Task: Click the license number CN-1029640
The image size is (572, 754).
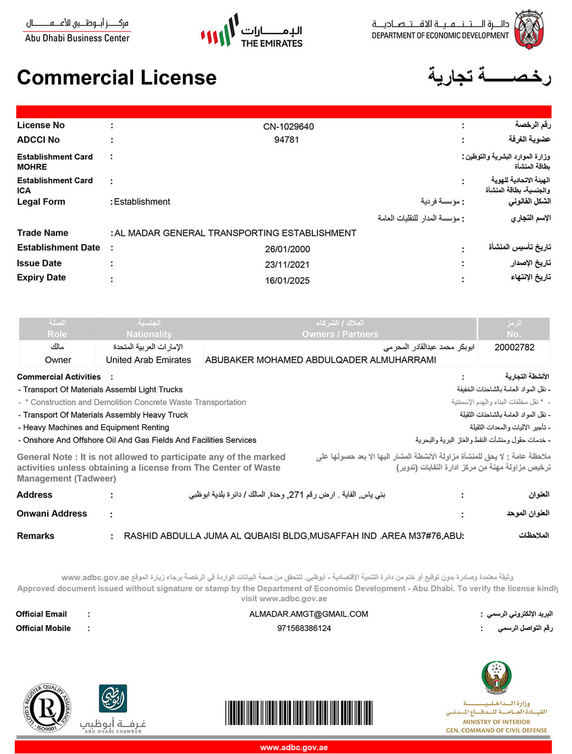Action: (x=288, y=126)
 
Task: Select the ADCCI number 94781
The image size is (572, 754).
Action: (x=286, y=140)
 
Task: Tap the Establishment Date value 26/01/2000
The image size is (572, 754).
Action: (x=287, y=249)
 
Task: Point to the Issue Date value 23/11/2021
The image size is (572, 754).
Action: (x=287, y=265)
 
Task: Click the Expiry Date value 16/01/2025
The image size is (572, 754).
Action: (x=287, y=281)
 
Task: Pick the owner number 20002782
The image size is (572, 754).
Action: (x=514, y=347)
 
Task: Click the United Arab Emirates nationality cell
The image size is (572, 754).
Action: (x=148, y=360)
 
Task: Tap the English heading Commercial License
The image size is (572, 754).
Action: (x=117, y=78)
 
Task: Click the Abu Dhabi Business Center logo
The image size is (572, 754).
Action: (x=77, y=31)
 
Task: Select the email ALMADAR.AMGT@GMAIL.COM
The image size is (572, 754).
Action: (x=308, y=614)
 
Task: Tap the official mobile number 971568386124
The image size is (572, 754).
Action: (x=304, y=628)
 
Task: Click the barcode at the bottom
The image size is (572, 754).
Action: (x=299, y=713)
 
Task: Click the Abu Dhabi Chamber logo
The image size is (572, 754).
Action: (x=113, y=708)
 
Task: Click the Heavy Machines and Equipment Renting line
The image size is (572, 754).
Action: (x=96, y=428)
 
